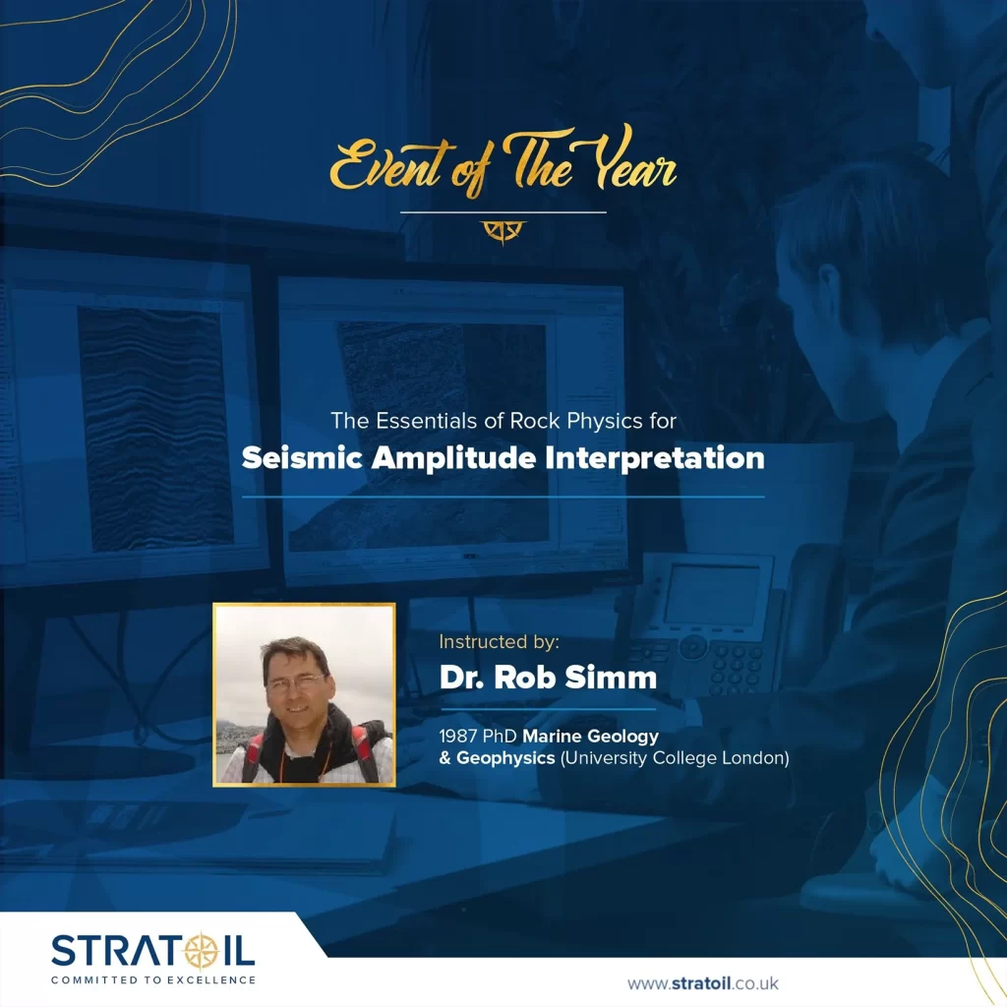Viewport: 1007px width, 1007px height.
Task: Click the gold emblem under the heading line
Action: click(503, 232)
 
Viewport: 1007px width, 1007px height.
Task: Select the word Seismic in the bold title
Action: click(302, 458)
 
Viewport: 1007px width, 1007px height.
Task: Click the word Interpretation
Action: click(654, 459)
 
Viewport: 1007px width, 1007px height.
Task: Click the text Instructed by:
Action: click(499, 641)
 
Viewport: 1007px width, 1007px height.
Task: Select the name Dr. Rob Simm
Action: click(549, 678)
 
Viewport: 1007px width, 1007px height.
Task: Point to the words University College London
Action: click(675, 758)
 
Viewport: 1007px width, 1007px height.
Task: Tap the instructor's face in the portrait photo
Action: click(295, 683)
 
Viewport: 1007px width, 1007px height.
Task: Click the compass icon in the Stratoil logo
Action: click(202, 951)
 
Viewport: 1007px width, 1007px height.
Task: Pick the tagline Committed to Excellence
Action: click(153, 980)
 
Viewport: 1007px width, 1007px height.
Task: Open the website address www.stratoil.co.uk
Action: click(702, 983)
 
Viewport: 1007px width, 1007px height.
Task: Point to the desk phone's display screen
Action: click(712, 595)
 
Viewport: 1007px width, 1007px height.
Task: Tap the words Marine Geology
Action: click(591, 737)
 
